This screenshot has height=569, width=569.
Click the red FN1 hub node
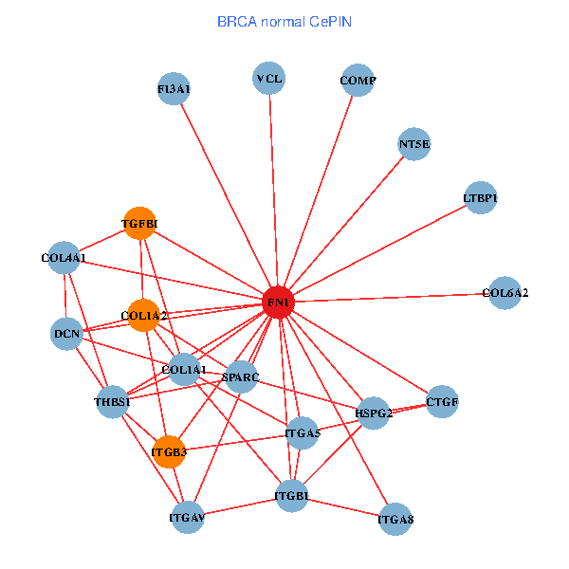278,302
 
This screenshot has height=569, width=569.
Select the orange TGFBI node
139,223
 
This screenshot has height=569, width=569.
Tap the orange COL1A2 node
143,315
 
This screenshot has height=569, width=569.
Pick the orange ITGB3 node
169,451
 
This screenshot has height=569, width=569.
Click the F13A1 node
174,89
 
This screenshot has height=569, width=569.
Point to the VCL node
269,78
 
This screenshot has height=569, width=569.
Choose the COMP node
358,81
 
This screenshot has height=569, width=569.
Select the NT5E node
414,145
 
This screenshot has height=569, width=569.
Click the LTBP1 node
481,198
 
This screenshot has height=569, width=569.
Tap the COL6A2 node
504,293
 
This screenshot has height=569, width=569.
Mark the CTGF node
442,402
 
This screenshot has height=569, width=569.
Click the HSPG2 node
374,413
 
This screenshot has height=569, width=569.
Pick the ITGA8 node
395,519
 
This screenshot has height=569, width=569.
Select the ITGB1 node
292,496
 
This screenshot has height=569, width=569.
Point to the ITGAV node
188,517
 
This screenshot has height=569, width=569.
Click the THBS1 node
113,400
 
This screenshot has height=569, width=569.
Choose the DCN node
66,333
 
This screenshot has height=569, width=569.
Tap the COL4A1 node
64,257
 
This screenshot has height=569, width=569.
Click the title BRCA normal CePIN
284,21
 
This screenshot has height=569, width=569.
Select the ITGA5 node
303,433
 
